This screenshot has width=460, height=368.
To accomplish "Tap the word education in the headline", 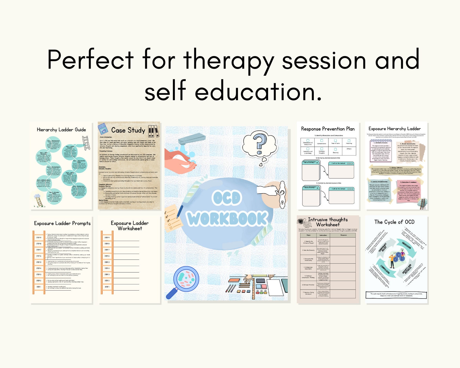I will tap(258, 92).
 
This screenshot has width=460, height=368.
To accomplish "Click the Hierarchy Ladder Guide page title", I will tap(61, 130).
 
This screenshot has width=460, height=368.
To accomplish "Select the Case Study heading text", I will tap(128, 130).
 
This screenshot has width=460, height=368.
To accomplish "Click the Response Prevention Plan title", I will tap(328, 129).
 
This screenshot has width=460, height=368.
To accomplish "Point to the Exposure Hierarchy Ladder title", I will tap(394, 129).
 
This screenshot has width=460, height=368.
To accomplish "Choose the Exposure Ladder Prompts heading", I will tap(62, 223).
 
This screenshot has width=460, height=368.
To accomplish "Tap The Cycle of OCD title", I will tap(394, 222).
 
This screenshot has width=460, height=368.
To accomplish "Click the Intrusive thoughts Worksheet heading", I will tap(328, 222).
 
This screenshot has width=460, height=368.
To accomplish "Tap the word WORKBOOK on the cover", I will tap(227, 219).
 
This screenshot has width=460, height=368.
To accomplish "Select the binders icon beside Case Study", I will tap(154, 131).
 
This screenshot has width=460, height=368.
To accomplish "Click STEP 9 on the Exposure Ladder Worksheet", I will tap(107, 238).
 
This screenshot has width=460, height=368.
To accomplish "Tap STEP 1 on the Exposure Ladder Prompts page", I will tap(38, 287).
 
